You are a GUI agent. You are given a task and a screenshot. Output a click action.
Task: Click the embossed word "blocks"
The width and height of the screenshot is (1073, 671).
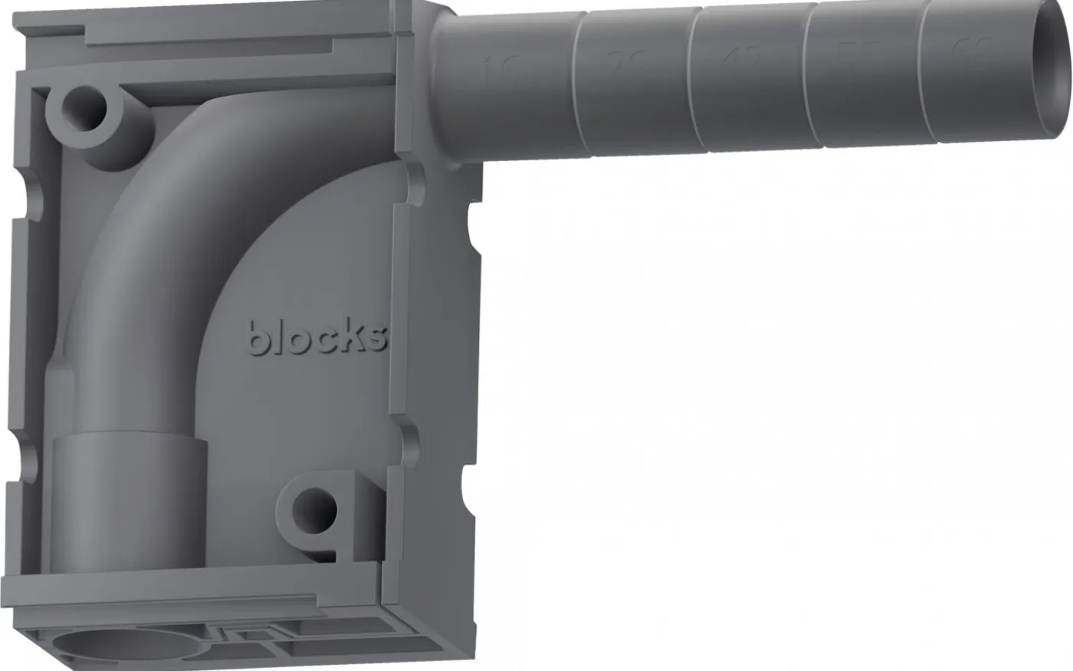(317, 337)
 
